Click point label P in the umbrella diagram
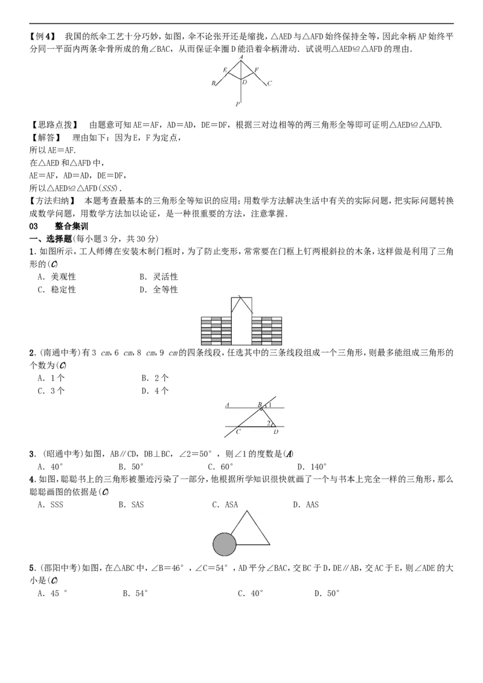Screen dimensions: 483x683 click(238, 104)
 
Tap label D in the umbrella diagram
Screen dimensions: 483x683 click(245, 82)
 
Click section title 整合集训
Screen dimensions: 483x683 click(71, 226)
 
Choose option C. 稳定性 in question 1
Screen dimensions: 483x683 click(57, 290)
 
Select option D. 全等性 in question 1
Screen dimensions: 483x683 click(159, 290)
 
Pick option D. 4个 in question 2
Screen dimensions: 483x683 click(155, 391)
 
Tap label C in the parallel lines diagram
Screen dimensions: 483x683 click(238, 431)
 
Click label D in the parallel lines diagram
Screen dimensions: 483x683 click(276, 431)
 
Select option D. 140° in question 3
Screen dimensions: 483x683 click(312, 467)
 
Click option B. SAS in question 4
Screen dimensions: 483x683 click(131, 505)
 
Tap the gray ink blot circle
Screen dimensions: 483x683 click(224, 544)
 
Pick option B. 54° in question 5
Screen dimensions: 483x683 click(136, 593)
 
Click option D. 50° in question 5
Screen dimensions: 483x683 click(327, 593)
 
